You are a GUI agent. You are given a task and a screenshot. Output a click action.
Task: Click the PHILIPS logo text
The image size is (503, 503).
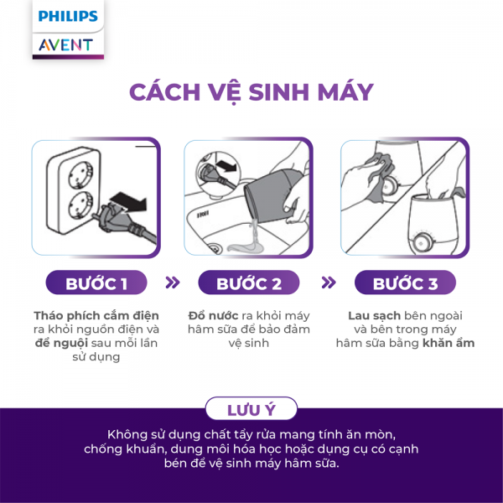pyautogui.click(x=68, y=16)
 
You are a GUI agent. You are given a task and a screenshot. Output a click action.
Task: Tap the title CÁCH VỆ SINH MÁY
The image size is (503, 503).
pyautogui.click(x=251, y=92)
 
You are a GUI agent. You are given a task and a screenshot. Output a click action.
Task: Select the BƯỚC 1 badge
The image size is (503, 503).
pyautogui.click(x=96, y=283)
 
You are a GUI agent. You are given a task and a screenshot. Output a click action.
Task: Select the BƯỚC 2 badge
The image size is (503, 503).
pyautogui.click(x=249, y=283)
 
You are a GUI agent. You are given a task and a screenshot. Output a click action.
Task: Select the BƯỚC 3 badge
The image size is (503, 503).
pyautogui.click(x=405, y=283)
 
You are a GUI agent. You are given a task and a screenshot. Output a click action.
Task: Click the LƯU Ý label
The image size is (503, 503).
pyautogui.click(x=251, y=410)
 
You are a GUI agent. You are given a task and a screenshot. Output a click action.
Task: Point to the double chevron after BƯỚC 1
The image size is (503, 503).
pyautogui.click(x=173, y=283)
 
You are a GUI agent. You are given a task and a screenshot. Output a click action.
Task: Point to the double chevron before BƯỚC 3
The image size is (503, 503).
pyautogui.click(x=329, y=283)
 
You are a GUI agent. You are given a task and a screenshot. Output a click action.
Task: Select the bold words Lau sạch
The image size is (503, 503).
pyautogui.click(x=374, y=315)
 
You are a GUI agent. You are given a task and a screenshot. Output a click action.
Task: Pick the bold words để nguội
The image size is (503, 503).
pyautogui.click(x=59, y=343)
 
